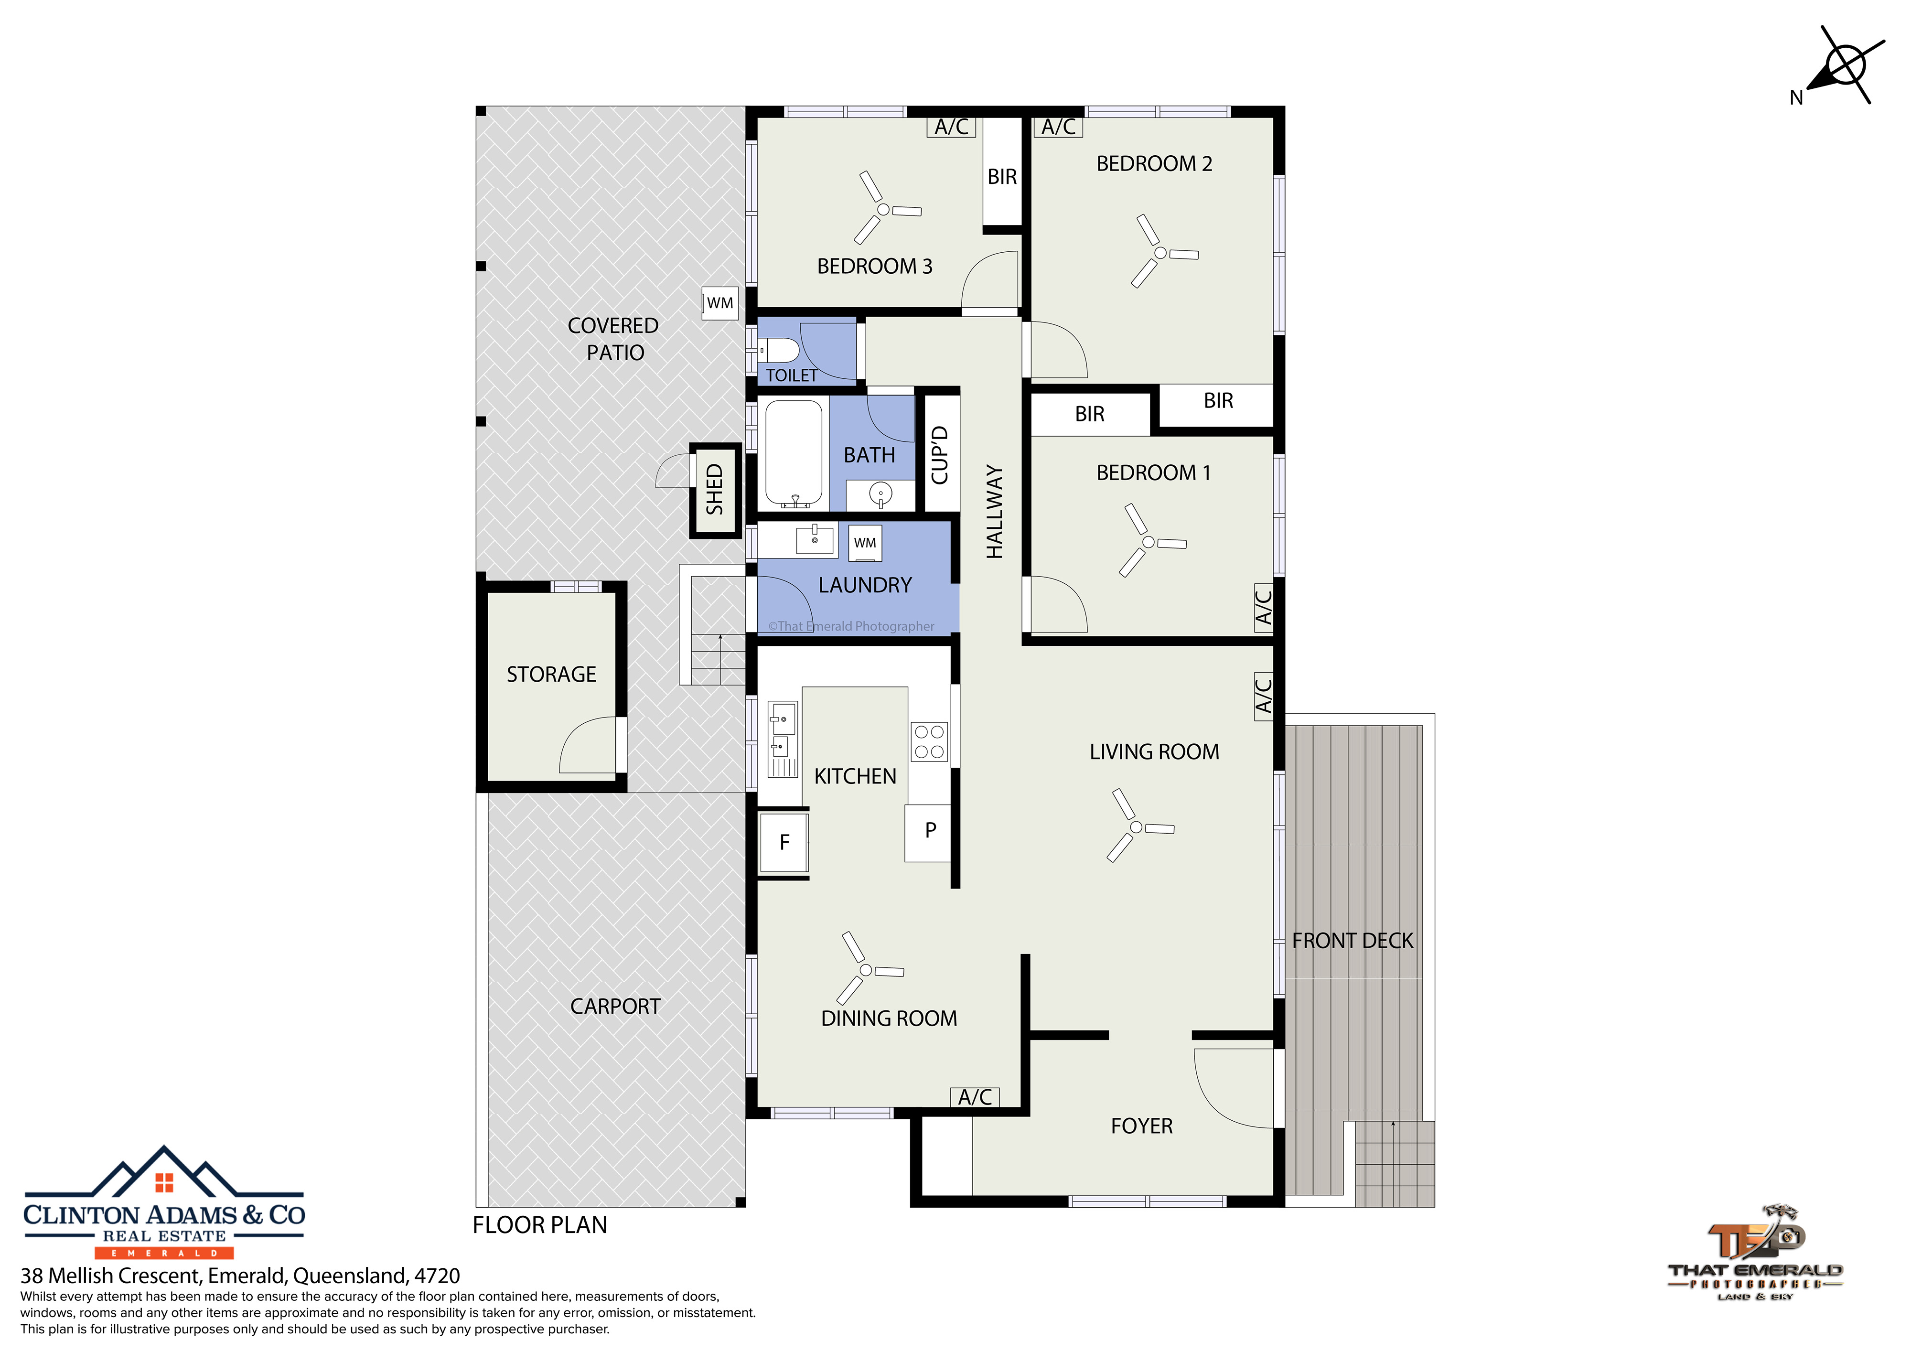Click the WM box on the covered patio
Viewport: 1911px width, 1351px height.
[x=720, y=303]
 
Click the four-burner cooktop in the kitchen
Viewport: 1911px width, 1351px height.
[x=929, y=741]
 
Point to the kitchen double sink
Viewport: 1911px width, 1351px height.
[x=782, y=739]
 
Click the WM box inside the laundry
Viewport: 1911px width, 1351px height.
[x=865, y=543]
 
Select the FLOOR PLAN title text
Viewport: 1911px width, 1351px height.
[x=539, y=1225]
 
